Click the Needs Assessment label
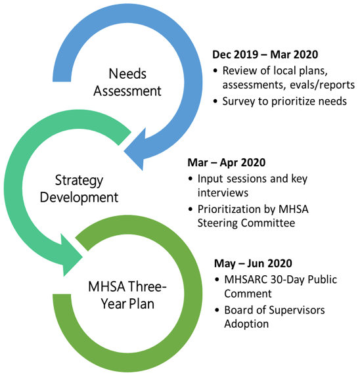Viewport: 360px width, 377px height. (127, 82)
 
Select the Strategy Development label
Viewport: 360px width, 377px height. (79, 189)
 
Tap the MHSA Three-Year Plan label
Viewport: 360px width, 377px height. (127, 295)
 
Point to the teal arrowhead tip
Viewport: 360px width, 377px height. (83, 257)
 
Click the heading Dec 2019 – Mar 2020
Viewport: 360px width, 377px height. (265, 55)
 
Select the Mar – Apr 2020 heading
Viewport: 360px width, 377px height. (226, 162)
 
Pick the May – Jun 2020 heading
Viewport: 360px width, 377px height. (253, 263)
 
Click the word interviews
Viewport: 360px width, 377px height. (223, 193)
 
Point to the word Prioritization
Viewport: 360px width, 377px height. (229, 209)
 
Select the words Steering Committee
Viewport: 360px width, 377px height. (246, 223)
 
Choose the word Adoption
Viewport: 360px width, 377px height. (246, 324)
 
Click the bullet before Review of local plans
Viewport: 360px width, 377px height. (215, 71)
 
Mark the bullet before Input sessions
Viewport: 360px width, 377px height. (191, 179)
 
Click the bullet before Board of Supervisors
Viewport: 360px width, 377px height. (217, 310)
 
